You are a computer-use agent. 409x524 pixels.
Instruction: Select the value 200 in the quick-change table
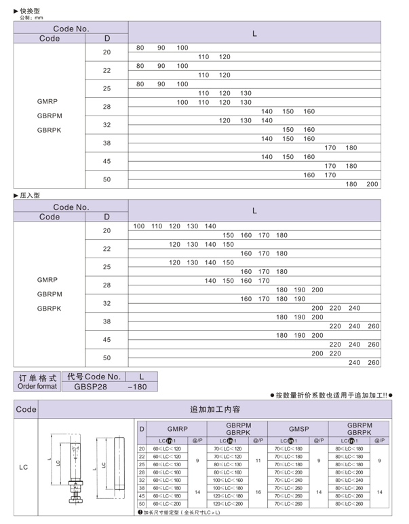click(x=372, y=184)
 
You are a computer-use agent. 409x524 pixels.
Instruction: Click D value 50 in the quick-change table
click(x=106, y=179)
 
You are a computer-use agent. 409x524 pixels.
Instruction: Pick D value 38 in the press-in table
click(x=106, y=321)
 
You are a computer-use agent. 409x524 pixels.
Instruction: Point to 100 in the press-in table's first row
click(x=139, y=226)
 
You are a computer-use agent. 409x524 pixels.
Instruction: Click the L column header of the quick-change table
click(x=254, y=33)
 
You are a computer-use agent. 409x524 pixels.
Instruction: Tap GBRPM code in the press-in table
click(x=50, y=294)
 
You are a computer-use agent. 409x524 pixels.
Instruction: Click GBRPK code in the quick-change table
click(x=50, y=129)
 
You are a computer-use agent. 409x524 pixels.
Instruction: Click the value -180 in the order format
click(x=141, y=387)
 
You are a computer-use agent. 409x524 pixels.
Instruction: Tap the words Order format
click(x=37, y=386)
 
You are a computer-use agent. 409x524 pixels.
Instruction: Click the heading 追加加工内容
click(x=217, y=410)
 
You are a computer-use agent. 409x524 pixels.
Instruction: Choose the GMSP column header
click(x=298, y=430)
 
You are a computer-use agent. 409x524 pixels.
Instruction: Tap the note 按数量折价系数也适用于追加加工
click(x=332, y=396)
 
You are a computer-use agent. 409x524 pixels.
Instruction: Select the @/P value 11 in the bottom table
click(x=258, y=460)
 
